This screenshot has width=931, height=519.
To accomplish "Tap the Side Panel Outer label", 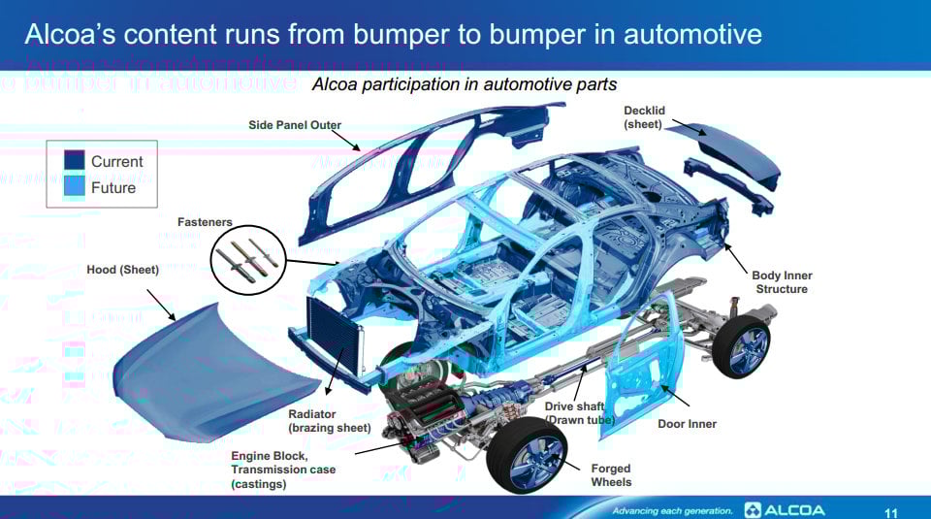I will (x=295, y=125).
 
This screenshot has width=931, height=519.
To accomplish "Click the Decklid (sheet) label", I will (x=644, y=117).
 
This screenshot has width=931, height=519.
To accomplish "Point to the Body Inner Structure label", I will (x=782, y=282).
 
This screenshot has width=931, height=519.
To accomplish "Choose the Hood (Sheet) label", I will (x=122, y=270).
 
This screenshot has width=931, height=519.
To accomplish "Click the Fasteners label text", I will (x=205, y=222).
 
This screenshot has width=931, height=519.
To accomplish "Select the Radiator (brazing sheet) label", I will (x=329, y=421).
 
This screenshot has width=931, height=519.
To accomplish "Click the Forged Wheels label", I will (x=611, y=475).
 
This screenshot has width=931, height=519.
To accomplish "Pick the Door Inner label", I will (x=687, y=424).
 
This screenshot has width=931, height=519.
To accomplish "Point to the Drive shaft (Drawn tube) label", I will (x=579, y=412).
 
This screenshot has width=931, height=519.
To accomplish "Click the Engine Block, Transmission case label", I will (x=283, y=470).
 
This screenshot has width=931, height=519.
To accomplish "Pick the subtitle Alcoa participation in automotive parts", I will (x=464, y=84).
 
